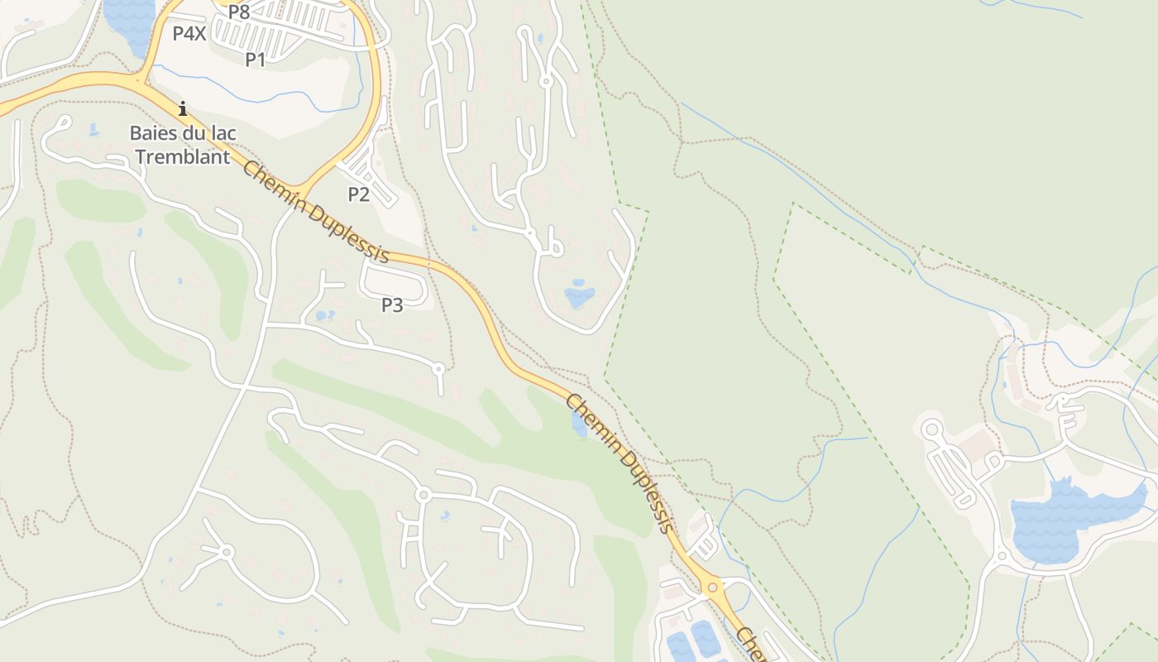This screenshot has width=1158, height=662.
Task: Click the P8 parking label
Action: (x=239, y=12)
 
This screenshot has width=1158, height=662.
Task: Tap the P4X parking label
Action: (x=189, y=34)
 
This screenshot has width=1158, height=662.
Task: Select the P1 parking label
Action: (x=256, y=60)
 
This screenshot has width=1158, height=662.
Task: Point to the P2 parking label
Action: (x=358, y=194)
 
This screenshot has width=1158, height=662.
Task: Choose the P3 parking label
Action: (x=392, y=305)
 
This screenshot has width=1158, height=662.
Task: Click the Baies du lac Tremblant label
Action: (x=183, y=144)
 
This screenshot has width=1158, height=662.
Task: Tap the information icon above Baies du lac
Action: (x=183, y=108)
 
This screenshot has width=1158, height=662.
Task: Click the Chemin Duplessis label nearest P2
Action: (x=315, y=211)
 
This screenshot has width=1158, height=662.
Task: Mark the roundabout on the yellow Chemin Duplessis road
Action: (x=712, y=588)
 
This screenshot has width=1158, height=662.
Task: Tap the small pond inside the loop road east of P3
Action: (x=578, y=295)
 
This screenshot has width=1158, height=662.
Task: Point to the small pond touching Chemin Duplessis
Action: (x=579, y=423)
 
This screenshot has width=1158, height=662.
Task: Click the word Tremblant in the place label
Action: (x=183, y=157)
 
